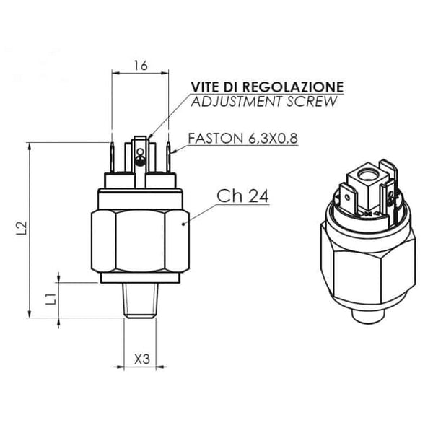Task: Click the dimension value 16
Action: [x=140, y=66]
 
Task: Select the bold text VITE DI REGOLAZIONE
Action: [x=266, y=87]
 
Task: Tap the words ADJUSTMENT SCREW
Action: [x=263, y=102]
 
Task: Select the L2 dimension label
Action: [x=21, y=228]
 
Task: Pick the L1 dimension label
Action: [x=51, y=299]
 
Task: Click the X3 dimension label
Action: [x=142, y=358]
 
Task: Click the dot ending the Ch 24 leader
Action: [x=185, y=224]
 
